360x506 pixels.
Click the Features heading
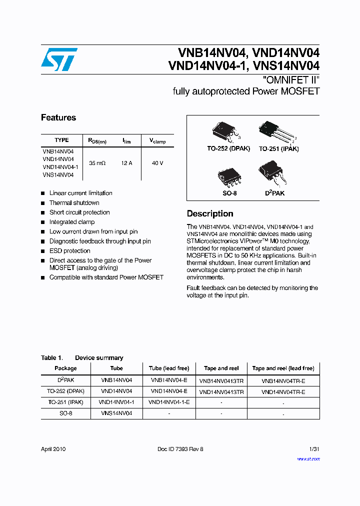pos(58,118)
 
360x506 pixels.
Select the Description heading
pos(210,213)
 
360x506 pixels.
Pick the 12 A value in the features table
pos(126,163)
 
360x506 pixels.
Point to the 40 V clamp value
pos(157,163)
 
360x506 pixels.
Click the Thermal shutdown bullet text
pos(74,203)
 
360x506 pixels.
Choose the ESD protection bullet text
pos(69,251)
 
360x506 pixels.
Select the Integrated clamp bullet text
pos(71,222)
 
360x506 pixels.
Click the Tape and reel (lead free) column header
pos(283,368)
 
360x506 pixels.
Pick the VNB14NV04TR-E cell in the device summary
pos(283,380)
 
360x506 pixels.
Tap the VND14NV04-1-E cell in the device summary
pos(169,402)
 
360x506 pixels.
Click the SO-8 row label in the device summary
pos(65,413)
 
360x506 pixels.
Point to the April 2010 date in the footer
pos(53,449)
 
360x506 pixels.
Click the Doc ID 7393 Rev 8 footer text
pos(180,449)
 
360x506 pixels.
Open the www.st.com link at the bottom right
pos(308,458)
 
